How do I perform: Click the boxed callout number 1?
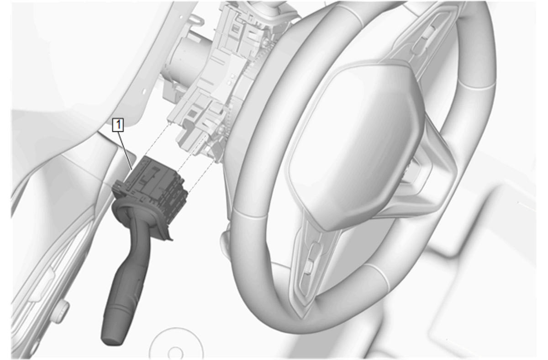pos(118,125)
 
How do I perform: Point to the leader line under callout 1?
pos(126,150)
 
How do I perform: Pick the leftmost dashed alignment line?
pos(158,139)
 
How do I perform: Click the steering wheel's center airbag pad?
pos(355,144)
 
